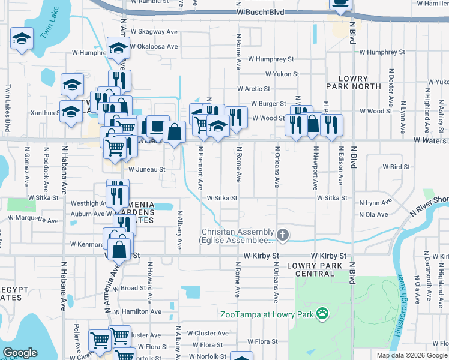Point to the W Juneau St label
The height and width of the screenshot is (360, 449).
click(x=146, y=170)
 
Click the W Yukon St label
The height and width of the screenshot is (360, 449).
click(x=277, y=74)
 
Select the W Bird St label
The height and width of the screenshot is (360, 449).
click(x=396, y=167)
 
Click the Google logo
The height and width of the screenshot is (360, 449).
click(x=20, y=353)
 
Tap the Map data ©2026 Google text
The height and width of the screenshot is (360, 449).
click(x=412, y=355)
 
